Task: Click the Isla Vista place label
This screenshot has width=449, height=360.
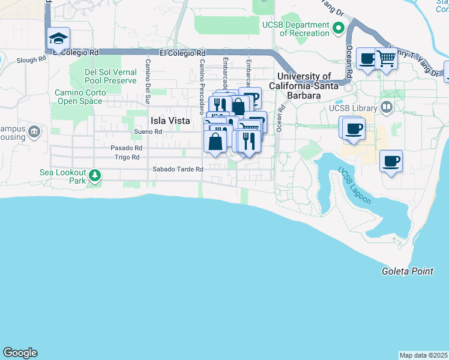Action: tap(170, 121)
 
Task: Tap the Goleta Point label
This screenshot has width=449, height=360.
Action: tap(408, 271)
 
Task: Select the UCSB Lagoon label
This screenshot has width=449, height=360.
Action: tap(354, 185)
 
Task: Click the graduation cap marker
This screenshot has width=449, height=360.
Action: tap(59, 39)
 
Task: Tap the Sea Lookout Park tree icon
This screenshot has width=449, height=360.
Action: tap(94, 176)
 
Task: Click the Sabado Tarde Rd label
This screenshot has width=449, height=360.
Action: tap(178, 169)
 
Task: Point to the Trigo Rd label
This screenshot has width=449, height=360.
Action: tap(127, 157)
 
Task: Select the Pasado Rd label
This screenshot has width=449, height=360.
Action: tap(126, 148)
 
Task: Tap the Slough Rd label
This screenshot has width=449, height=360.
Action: tap(31, 60)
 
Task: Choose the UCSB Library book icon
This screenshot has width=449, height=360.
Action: tap(386, 109)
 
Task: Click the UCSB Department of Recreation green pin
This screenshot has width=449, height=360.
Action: tap(339, 28)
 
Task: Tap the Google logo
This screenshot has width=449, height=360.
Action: tap(20, 353)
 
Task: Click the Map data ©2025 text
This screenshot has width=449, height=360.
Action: tap(423, 355)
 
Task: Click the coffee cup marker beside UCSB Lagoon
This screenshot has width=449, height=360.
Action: tap(391, 161)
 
